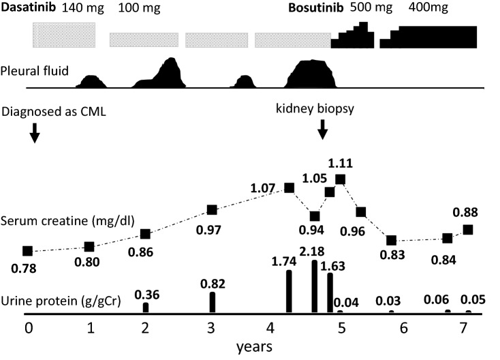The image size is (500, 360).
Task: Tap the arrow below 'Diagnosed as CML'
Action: click(35, 135)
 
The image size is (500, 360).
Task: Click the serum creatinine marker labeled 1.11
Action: click(340, 179)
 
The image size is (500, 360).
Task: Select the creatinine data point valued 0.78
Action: click(27, 252)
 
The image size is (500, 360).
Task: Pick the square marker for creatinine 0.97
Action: click(212, 210)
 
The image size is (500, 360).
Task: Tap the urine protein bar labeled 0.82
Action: click(213, 302)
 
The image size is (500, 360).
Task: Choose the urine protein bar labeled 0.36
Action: click(146, 307)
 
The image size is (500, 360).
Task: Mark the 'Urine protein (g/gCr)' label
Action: click(61, 301)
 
